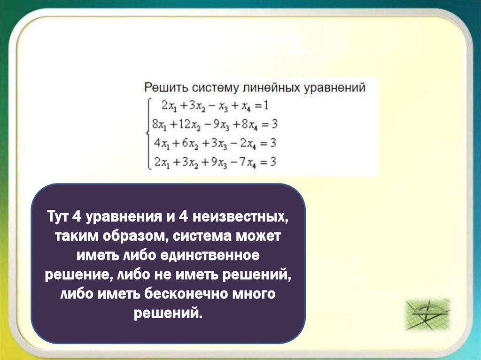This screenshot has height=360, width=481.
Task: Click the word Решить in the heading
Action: (x=162, y=88)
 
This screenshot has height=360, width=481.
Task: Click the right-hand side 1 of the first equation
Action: (x=266, y=106)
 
